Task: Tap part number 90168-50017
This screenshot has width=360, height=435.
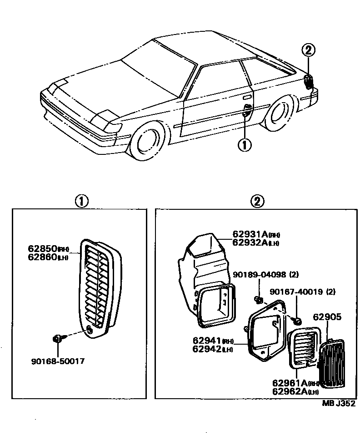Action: tap(58, 361)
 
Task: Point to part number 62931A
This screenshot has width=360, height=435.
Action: tap(250, 234)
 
